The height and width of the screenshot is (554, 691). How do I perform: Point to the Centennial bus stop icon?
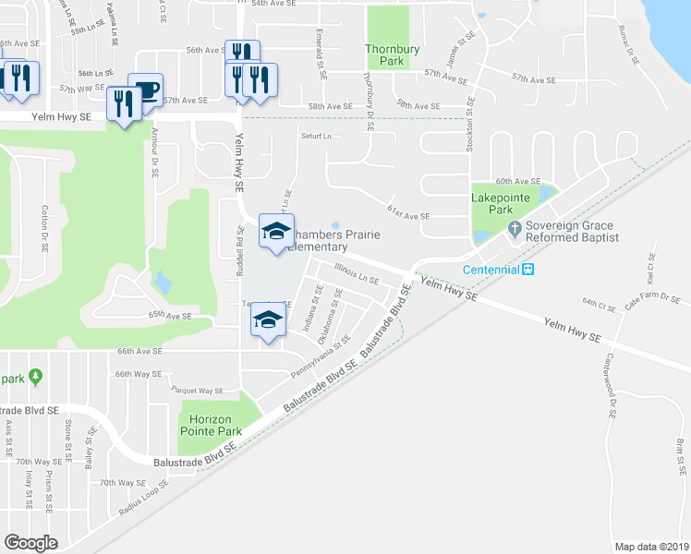coord(527,270)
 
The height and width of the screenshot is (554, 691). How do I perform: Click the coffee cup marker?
coord(145,90)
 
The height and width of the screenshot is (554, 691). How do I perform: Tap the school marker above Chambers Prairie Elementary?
coord(275,232)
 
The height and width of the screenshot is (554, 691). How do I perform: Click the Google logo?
coord(30,543)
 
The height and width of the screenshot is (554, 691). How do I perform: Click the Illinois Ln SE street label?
coord(357,276)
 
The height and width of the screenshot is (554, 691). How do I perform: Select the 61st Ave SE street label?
coord(409,215)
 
